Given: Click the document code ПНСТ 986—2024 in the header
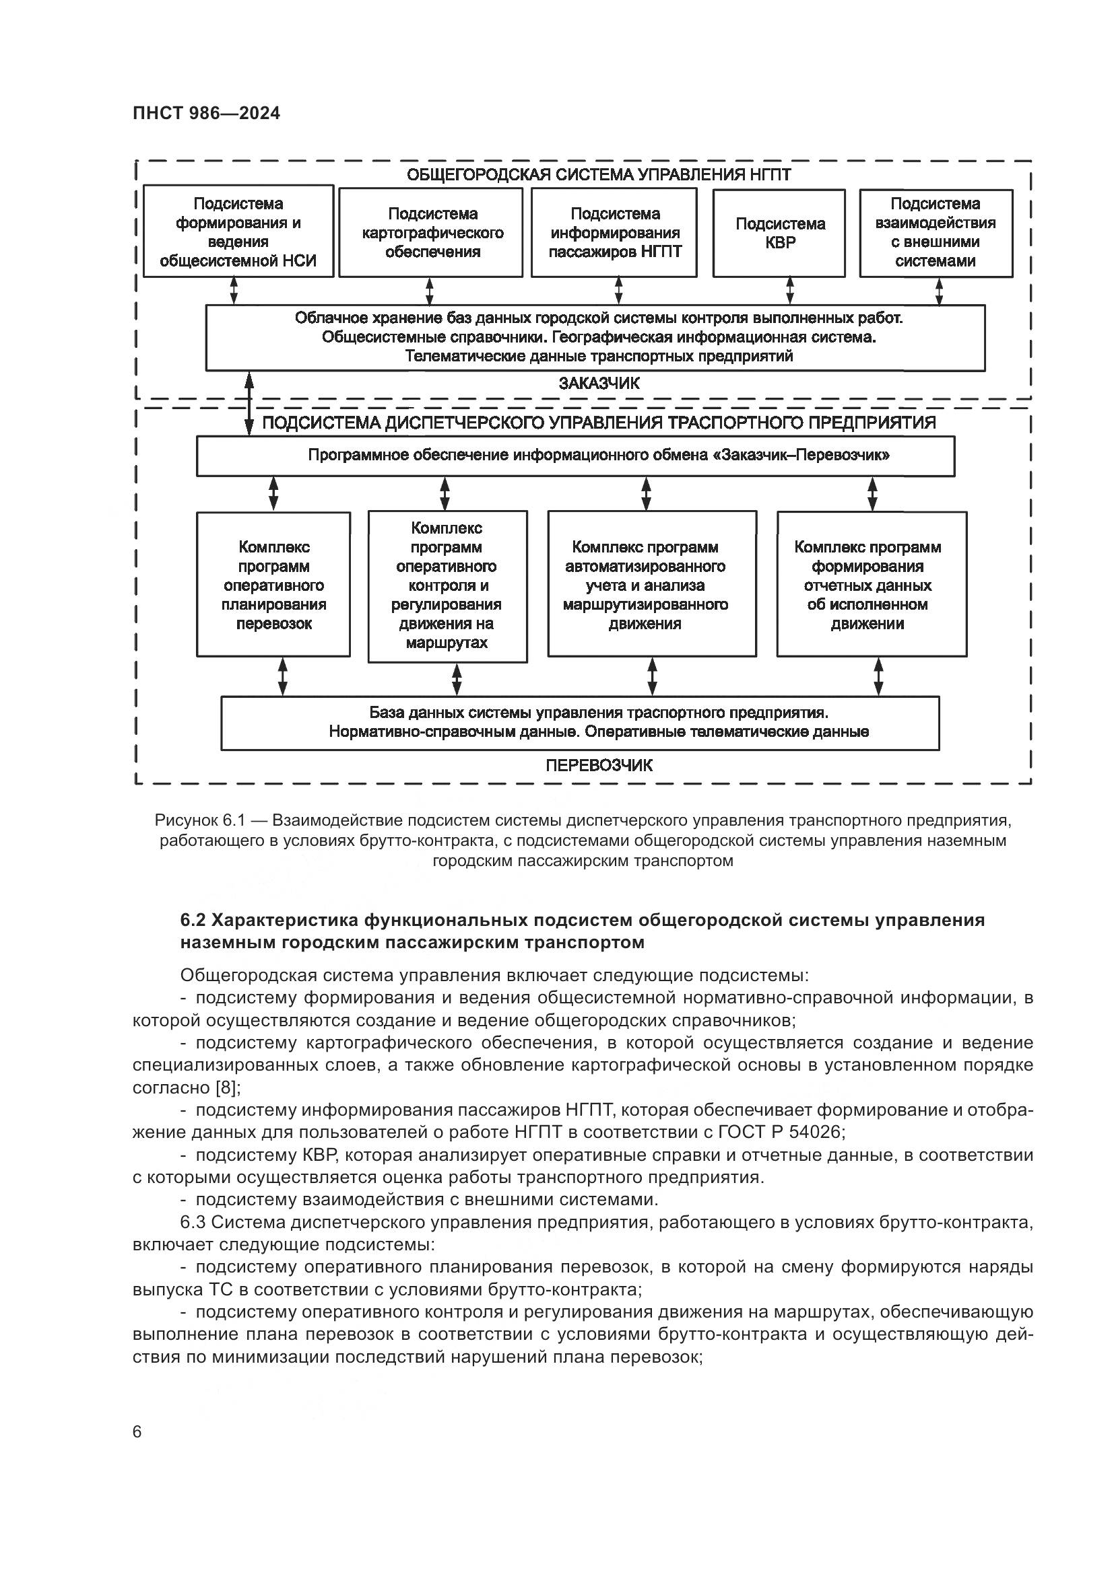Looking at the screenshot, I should coord(207,113).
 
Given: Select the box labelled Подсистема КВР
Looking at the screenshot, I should coord(779,233).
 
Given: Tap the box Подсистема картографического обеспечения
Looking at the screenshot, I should coord(431,233).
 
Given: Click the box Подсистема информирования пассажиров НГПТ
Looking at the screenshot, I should coord(614,233).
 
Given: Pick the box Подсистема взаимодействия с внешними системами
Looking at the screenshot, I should coord(936,233).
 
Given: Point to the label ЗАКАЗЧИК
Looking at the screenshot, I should coord(599,384).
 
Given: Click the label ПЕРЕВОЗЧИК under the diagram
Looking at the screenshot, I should coord(599,766).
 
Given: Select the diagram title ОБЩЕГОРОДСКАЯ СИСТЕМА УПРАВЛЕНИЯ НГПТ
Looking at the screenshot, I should coord(599,175).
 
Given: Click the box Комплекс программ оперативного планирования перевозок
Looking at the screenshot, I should coord(273,585).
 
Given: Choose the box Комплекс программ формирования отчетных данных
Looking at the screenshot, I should coord(871,585).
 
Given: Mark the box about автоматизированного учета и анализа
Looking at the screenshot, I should coord(652,585).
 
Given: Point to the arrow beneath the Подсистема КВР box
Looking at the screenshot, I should coord(789,291).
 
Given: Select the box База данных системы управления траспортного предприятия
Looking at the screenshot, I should coord(580,723).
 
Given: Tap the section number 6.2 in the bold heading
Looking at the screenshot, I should coord(195,920).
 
